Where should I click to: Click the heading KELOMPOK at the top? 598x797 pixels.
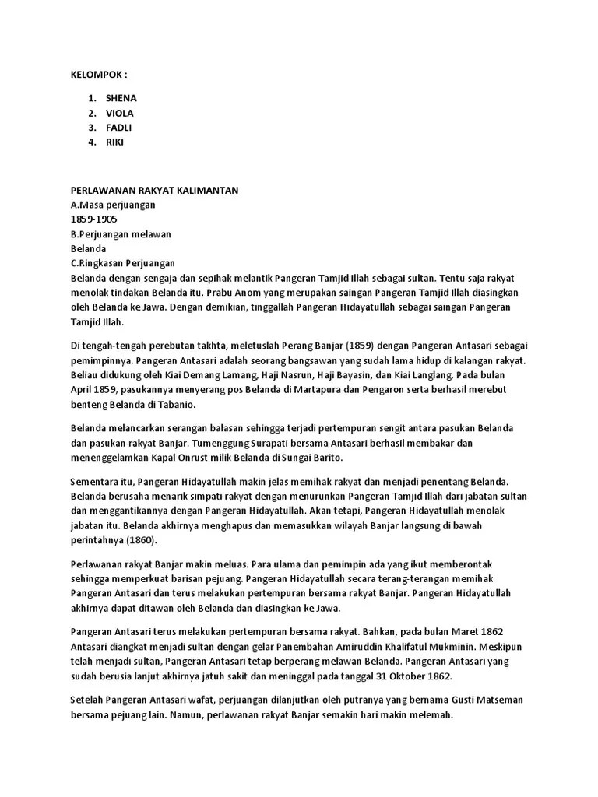pos(97,75)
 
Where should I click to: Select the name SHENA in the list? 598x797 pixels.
pos(121,98)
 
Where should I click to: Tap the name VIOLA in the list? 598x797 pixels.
pos(120,113)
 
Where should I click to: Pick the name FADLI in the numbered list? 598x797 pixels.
pos(119,128)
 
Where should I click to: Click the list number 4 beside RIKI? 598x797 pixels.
pos(92,142)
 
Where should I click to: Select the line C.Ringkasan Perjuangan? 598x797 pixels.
pos(123,263)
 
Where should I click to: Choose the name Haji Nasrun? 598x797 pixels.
pos(273,375)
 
